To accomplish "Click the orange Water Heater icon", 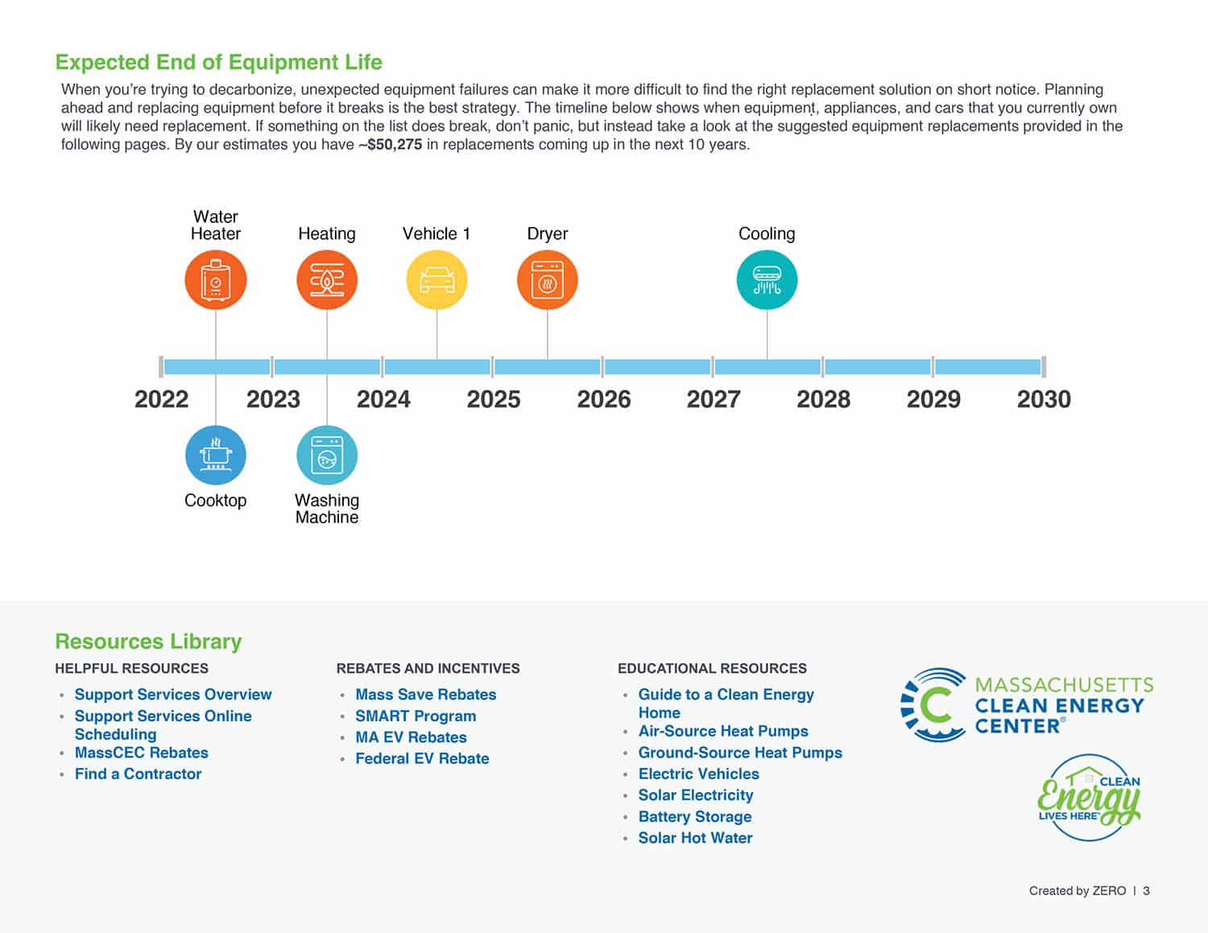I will [215, 280].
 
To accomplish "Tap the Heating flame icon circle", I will [326, 280].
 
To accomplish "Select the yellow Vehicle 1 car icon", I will [436, 280].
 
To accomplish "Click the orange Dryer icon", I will [547, 280].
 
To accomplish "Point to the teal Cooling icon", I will [767, 280].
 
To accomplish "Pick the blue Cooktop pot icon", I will [215, 455].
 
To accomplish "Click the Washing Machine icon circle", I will [326, 455].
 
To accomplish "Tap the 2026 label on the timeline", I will [603, 399].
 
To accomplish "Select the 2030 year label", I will [1044, 399].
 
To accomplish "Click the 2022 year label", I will [161, 399].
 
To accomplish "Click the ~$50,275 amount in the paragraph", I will [391, 145].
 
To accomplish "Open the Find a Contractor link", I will [138, 774].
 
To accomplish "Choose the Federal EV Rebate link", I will [422, 758].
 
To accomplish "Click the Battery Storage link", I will [694, 816].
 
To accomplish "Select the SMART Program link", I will [416, 716].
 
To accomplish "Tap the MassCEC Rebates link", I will [141, 753].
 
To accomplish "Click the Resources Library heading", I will [148, 642].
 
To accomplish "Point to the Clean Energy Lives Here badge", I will [1089, 798].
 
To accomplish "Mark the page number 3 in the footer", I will [1146, 890].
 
